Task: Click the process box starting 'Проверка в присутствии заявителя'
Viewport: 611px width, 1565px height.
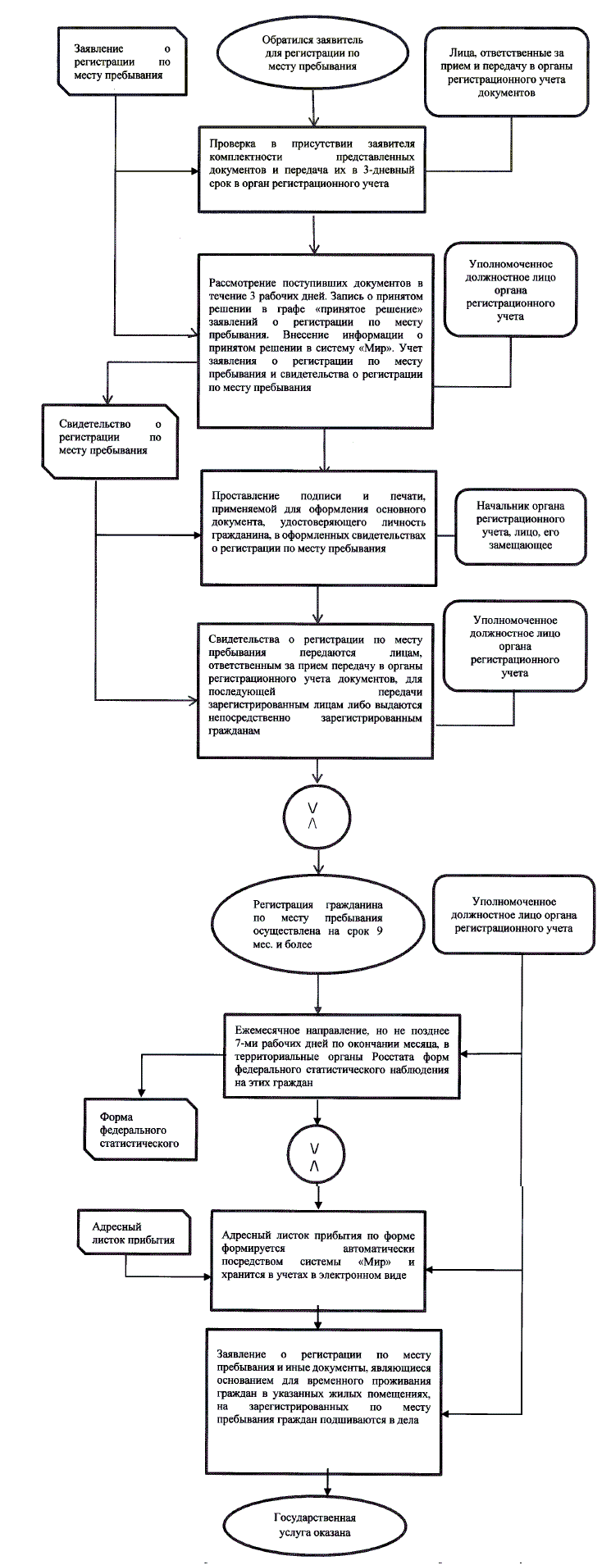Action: pyautogui.click(x=314, y=170)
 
